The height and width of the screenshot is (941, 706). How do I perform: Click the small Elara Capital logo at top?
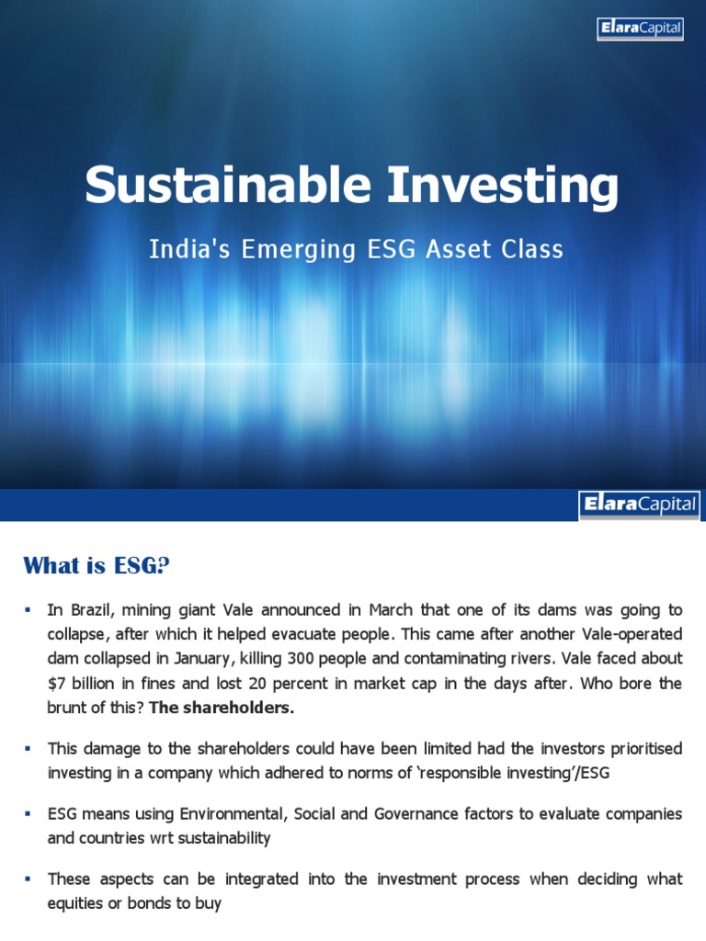click(x=640, y=28)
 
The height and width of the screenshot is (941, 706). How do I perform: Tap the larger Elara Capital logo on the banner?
click(x=639, y=505)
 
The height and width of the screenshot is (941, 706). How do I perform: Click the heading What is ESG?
click(x=97, y=566)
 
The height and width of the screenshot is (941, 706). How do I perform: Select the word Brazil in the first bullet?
click(x=95, y=610)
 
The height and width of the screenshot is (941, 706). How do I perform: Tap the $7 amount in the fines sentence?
click(x=58, y=683)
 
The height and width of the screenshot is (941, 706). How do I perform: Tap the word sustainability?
click(x=229, y=838)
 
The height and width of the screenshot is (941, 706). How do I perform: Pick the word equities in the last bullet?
click(x=78, y=903)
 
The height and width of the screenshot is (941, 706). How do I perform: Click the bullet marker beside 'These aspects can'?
click(x=28, y=879)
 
